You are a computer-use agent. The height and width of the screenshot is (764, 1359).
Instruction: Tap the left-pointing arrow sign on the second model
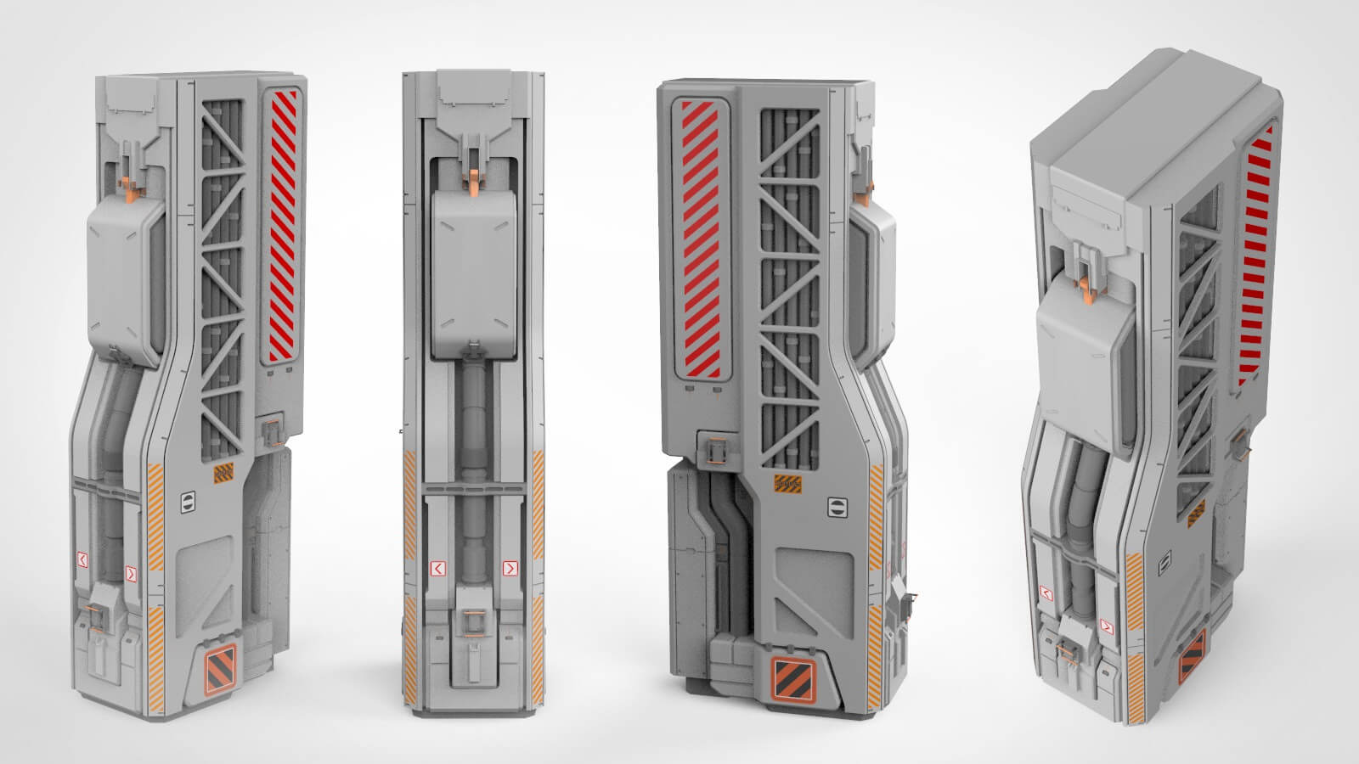click(x=438, y=568)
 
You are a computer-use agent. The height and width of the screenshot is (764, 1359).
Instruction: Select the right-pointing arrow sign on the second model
click(x=510, y=568)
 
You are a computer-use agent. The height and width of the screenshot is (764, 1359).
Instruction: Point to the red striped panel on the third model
click(x=702, y=239)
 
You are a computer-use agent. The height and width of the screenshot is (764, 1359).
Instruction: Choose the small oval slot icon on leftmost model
click(x=188, y=502)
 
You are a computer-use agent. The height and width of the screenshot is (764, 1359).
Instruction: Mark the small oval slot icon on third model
click(x=837, y=508)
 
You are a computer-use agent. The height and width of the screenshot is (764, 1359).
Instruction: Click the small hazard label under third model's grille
click(x=785, y=484)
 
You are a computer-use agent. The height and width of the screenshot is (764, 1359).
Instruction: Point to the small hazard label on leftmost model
click(x=223, y=474)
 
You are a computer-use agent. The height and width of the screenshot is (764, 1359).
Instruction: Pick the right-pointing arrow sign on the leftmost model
click(x=130, y=574)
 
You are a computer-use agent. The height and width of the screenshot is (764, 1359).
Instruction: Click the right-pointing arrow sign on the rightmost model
click(x=1106, y=626)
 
